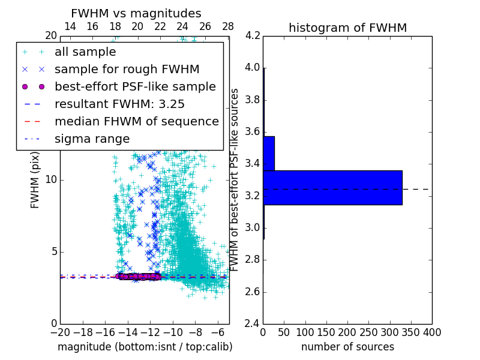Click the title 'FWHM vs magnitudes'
coord(136,14)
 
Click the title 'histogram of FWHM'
coord(347,28)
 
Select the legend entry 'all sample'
coord(85,52)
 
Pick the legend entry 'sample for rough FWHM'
coord(127,70)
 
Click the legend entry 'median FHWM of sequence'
coord(136,121)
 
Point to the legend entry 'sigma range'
coord(92,139)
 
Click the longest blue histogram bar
coord(332,188)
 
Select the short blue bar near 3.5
coord(269,154)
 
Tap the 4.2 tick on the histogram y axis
coord(253,35)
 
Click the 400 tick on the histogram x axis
coord(432,332)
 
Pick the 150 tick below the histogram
coord(326,332)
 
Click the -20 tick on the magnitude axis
coord(60,332)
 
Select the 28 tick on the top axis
coord(228,26)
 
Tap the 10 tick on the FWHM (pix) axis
coord(52,180)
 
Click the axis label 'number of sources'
coord(347,347)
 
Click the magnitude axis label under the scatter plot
coord(145,347)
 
